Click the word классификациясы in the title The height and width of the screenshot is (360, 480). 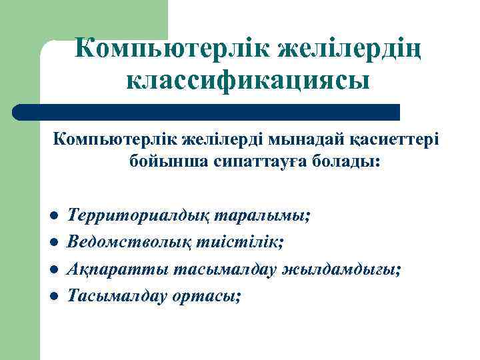click(x=247, y=81)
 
